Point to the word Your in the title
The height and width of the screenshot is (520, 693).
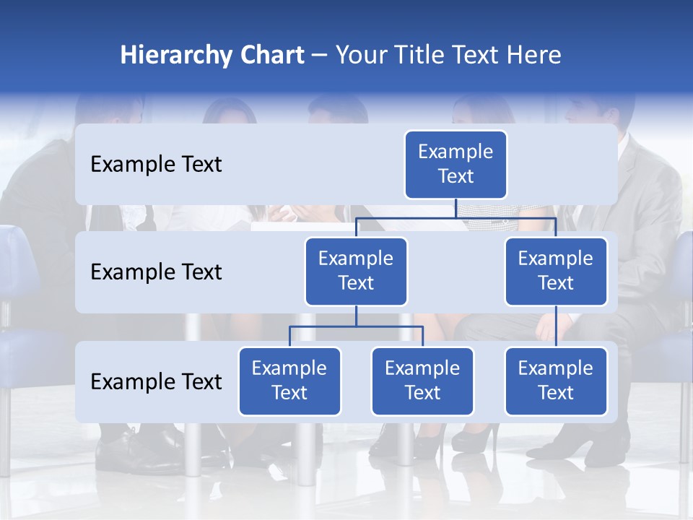click(359, 55)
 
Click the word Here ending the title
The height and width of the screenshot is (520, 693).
click(533, 55)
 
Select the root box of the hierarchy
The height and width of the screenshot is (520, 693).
click(456, 164)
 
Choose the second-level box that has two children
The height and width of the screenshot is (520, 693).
click(356, 271)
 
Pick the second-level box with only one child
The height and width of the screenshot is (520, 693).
click(556, 271)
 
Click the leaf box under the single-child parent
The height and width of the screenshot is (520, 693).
click(556, 381)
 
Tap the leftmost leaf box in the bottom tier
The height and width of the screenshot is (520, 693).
click(289, 381)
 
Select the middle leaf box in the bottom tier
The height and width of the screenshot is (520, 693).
click(422, 381)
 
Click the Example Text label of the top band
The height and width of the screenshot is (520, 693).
click(156, 164)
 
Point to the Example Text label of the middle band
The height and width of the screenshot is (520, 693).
click(156, 272)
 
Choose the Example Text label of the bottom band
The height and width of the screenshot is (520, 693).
click(156, 381)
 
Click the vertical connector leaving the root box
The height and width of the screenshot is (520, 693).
click(456, 208)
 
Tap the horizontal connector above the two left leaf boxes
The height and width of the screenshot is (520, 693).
click(356, 326)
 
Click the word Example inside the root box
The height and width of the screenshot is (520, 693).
click(456, 152)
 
